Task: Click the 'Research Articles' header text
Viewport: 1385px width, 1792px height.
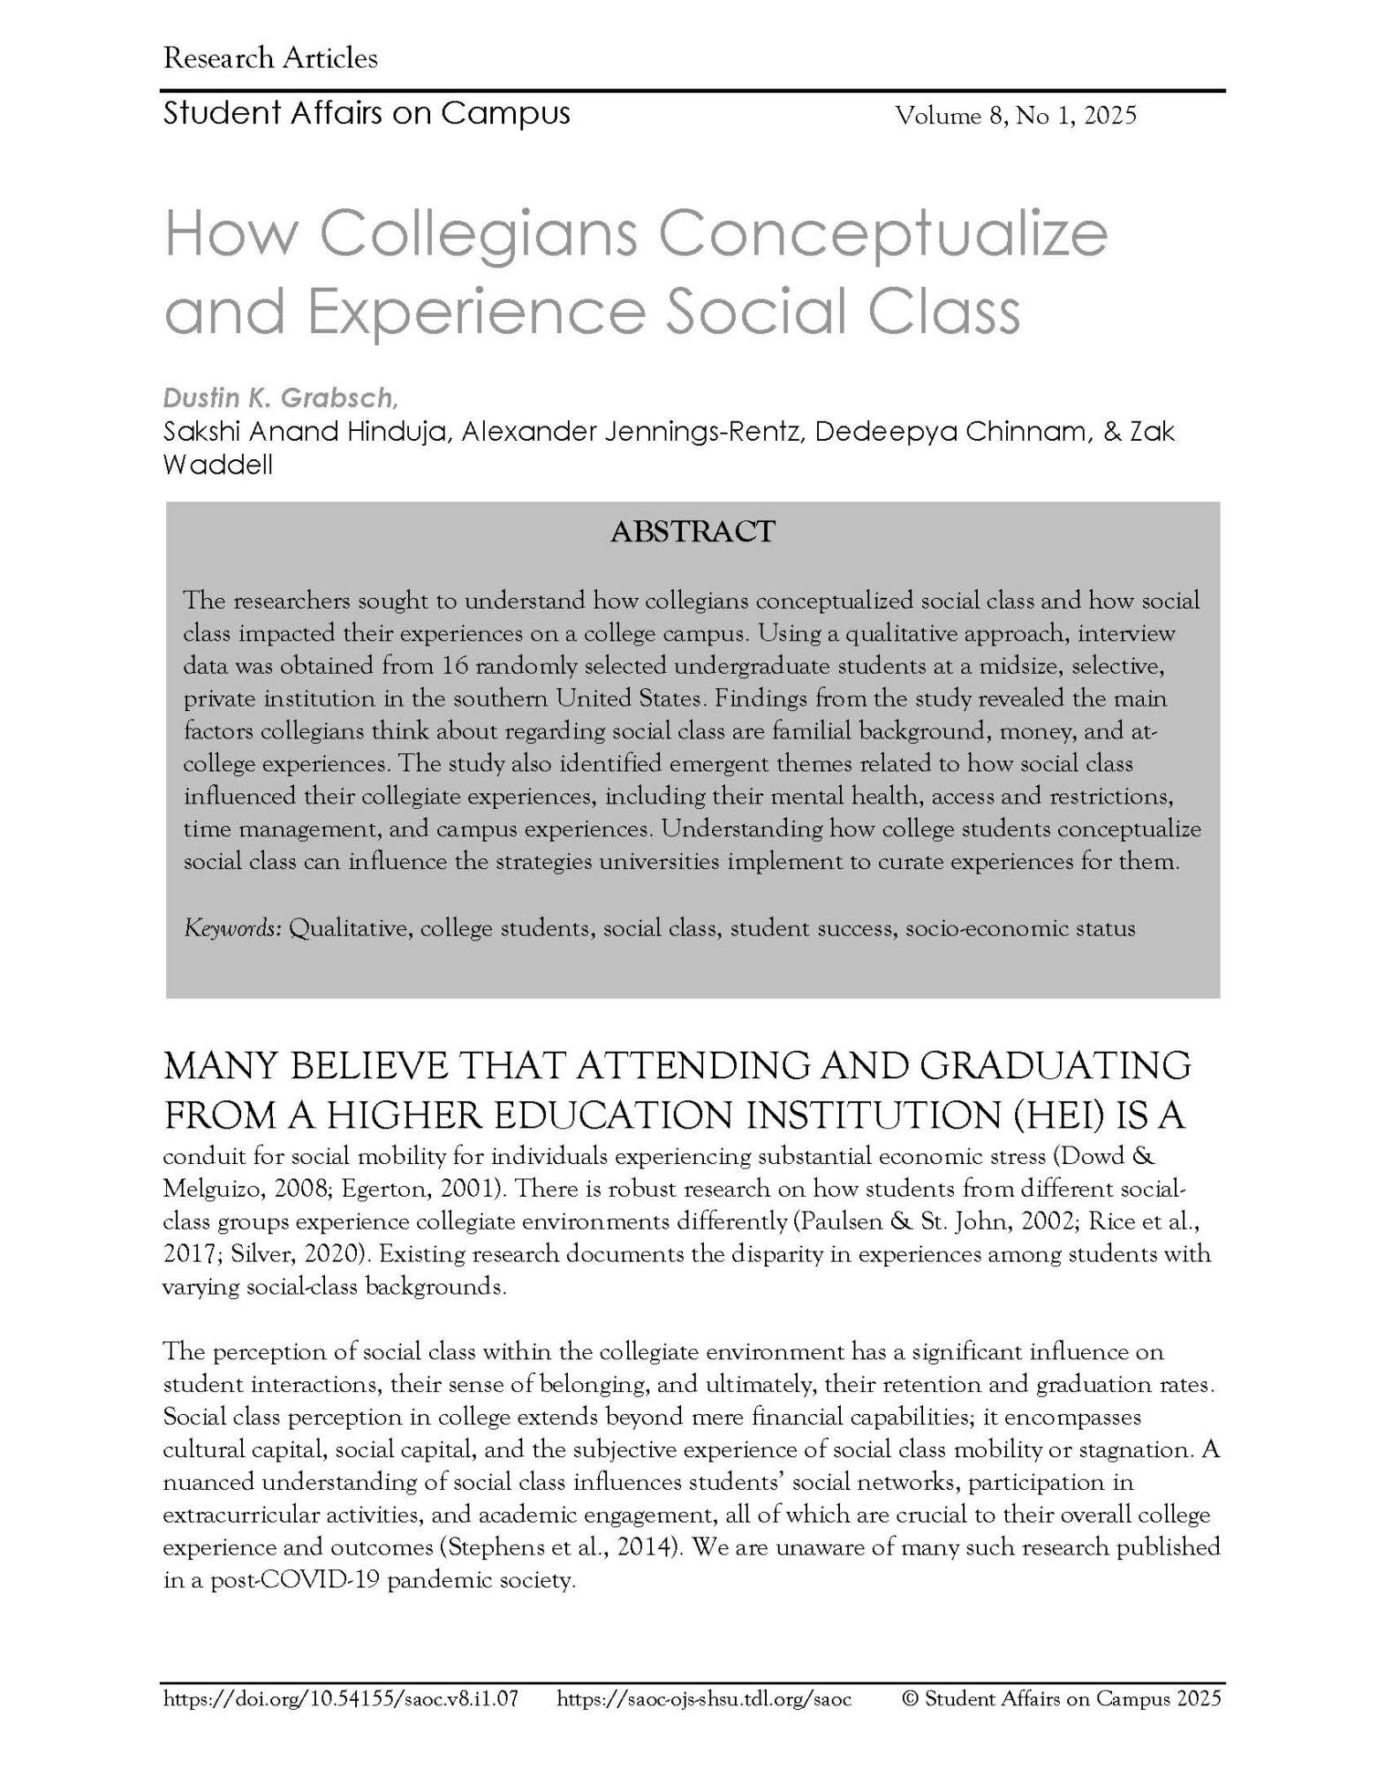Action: tap(270, 59)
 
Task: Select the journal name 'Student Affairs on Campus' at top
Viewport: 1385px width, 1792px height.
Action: tap(367, 114)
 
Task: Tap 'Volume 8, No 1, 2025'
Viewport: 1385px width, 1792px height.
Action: tap(1016, 116)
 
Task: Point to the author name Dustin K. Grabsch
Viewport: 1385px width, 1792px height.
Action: tap(278, 398)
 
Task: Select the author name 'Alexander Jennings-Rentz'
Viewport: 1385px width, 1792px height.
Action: tap(632, 432)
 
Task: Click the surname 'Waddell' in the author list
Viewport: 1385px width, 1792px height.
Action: tap(217, 465)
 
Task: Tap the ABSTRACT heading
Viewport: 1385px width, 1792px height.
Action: tap(692, 532)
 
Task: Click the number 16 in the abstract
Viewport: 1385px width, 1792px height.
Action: tap(454, 666)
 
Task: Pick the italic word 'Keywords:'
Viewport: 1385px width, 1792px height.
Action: tap(232, 928)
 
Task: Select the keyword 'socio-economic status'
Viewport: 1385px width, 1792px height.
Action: tap(1020, 928)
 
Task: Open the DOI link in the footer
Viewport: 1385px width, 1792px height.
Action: tap(340, 1697)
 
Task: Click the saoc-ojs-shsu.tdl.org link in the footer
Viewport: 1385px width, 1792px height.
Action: tap(704, 1697)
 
